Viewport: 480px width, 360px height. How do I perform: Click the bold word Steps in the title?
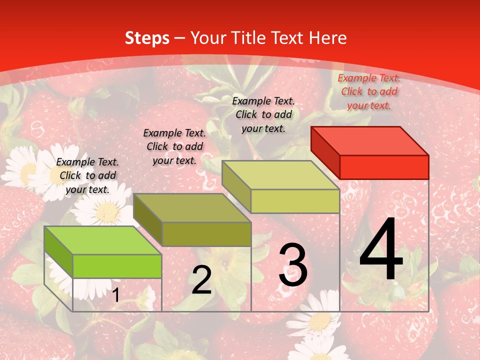pyautogui.click(x=147, y=38)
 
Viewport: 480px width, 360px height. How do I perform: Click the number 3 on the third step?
pyautogui.click(x=293, y=265)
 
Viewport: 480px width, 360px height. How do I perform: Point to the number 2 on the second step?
pyautogui.click(x=201, y=280)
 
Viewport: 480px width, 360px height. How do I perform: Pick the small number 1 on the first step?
pyautogui.click(x=116, y=295)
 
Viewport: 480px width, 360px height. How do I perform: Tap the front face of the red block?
pyautogui.click(x=384, y=167)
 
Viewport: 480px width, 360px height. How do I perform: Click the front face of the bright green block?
pyautogui.click(x=117, y=266)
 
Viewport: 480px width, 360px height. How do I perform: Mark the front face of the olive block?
pyautogui.click(x=206, y=234)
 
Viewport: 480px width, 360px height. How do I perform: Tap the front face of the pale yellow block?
pyautogui.click(x=295, y=201)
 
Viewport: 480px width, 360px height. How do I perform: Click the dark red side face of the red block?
pyautogui.click(x=325, y=152)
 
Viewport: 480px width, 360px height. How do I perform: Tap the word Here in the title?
pyautogui.click(x=328, y=38)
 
